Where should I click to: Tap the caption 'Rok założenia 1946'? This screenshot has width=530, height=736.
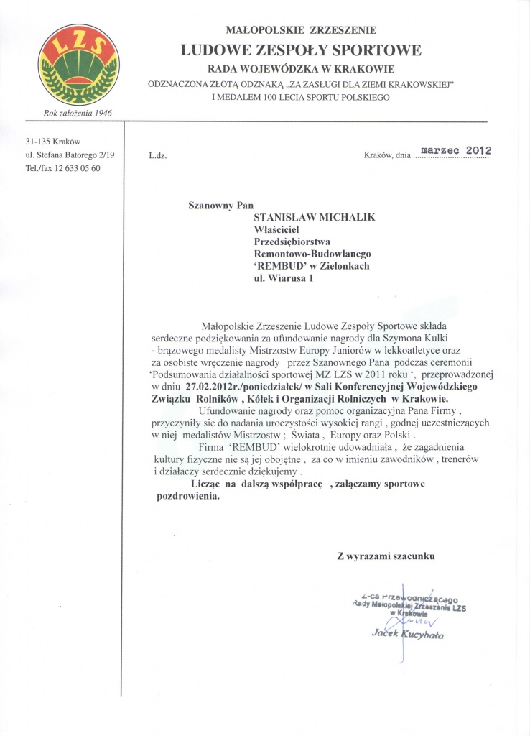click(x=78, y=113)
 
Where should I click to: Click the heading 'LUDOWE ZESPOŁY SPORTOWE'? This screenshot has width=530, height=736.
click(x=301, y=50)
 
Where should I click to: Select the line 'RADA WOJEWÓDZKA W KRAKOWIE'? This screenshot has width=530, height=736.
click(x=302, y=69)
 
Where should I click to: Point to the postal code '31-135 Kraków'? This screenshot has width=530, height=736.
click(x=52, y=142)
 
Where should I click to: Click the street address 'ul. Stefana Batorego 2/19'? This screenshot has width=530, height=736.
click(x=70, y=155)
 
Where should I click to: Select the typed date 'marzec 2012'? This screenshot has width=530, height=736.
click(x=455, y=150)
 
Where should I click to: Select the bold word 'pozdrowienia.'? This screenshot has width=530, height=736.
click(x=189, y=497)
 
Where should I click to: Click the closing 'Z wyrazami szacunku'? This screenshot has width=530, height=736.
click(x=386, y=556)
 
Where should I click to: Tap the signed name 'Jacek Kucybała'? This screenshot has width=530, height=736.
click(x=408, y=635)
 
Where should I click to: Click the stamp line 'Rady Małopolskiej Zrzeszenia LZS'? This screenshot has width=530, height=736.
click(x=410, y=607)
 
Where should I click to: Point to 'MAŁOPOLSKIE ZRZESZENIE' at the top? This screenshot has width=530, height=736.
click(x=302, y=30)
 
